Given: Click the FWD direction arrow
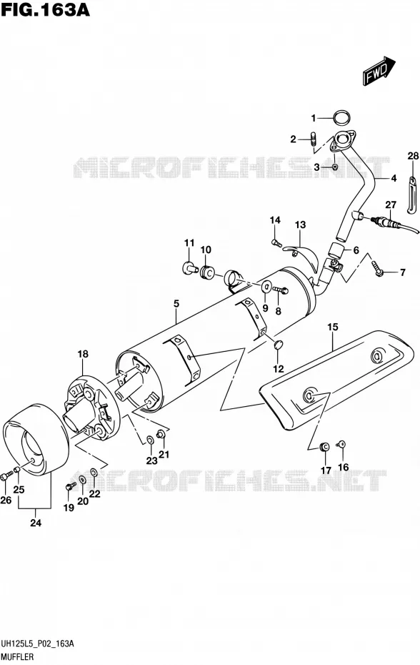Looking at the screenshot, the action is click(x=379, y=71).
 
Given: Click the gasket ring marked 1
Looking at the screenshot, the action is click(x=341, y=118).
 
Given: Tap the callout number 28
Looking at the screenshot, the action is click(x=413, y=156).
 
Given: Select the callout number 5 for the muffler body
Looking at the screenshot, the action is click(x=176, y=303).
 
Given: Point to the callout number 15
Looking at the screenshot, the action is click(x=333, y=327).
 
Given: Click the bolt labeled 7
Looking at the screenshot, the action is click(x=377, y=268).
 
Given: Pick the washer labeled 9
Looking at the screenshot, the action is click(x=266, y=286).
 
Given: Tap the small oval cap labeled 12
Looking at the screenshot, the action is click(x=279, y=345).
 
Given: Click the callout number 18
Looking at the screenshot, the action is click(x=83, y=354).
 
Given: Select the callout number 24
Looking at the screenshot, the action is click(x=36, y=523).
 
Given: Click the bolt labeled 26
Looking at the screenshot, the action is click(x=5, y=476).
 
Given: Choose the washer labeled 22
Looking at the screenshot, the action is click(x=94, y=473).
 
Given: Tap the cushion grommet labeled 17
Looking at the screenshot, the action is click(x=324, y=446).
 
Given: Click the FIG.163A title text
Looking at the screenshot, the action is click(x=45, y=9).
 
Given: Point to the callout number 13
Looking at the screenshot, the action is click(x=301, y=225).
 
